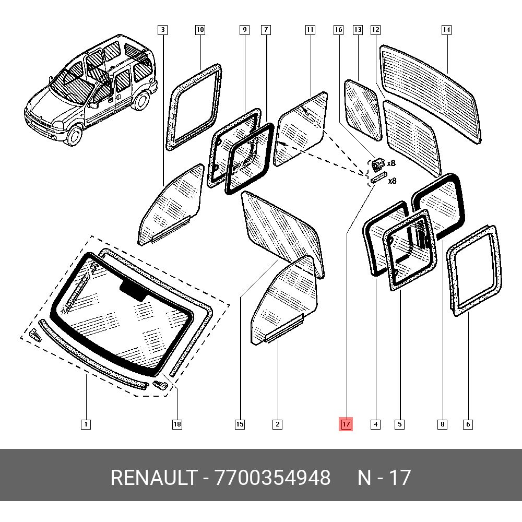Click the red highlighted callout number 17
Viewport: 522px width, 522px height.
346,424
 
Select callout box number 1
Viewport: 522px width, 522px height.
86,424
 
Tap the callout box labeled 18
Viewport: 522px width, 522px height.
177,424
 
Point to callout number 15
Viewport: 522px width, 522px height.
240,424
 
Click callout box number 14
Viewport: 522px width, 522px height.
446,30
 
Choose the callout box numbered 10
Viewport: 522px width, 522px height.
200,30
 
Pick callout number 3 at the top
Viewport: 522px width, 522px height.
163,30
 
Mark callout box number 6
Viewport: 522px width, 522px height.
468,424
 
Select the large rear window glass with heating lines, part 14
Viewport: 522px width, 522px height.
431,91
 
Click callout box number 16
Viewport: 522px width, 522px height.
338,30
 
